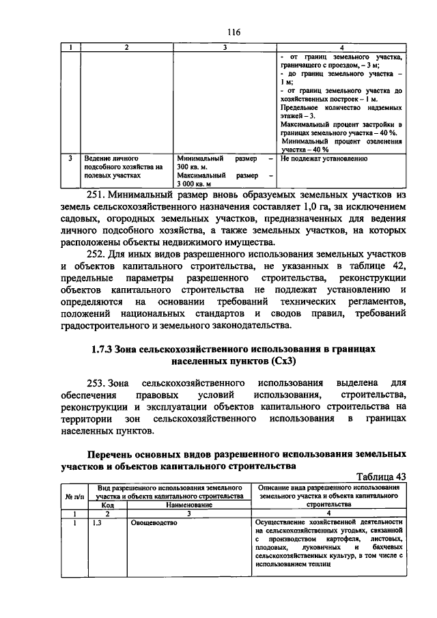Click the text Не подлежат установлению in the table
tap(324, 158)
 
